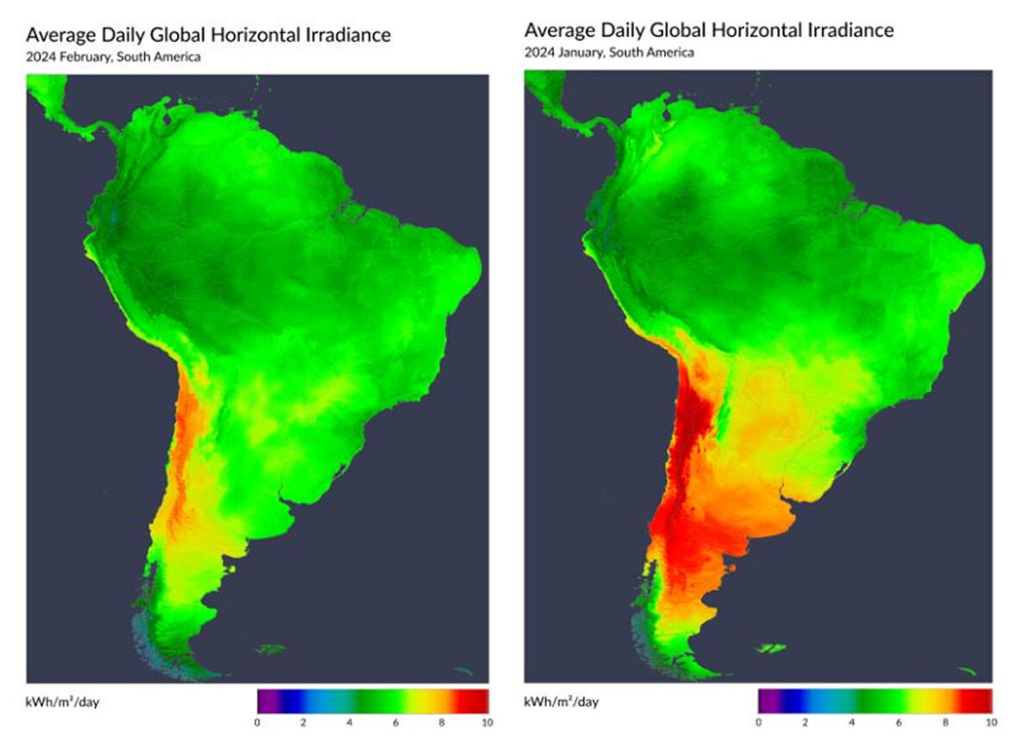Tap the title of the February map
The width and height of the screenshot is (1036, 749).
point(208,35)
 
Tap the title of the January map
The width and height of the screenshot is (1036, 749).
point(709,30)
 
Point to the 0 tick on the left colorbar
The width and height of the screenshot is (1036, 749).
point(258,721)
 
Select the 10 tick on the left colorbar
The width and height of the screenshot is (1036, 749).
point(487,721)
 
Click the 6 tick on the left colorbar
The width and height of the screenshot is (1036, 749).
point(396,721)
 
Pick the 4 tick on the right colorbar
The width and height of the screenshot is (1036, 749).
point(852,721)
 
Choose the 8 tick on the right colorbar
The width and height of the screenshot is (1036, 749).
point(944,721)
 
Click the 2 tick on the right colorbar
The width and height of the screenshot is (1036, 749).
point(805,721)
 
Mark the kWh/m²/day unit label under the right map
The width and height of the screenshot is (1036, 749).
point(561,701)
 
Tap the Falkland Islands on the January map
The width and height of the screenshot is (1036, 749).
point(772,648)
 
